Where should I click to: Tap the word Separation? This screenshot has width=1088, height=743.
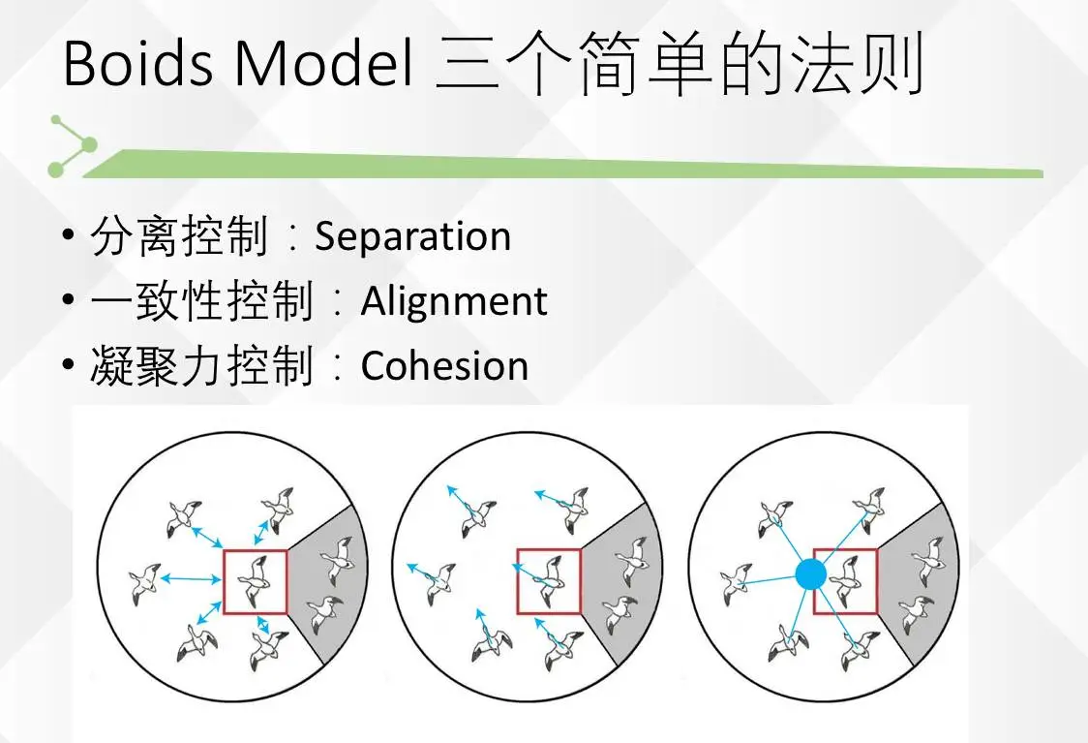pyautogui.click(x=412, y=237)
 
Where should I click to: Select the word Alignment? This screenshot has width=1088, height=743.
pyautogui.click(x=454, y=302)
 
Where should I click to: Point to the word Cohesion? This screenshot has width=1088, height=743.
pyautogui.click(x=444, y=366)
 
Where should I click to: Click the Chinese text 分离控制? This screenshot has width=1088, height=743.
pyautogui.click(x=178, y=237)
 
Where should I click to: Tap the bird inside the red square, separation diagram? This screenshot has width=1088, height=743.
pyautogui.click(x=257, y=578)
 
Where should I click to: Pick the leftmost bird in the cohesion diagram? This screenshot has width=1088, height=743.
pyautogui.click(x=735, y=583)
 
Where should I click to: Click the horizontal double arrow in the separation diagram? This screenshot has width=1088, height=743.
pyautogui.click(x=191, y=579)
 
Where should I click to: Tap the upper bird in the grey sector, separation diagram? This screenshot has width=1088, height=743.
pyautogui.click(x=338, y=556)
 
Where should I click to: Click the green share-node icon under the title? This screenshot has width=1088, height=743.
pyautogui.click(x=74, y=146)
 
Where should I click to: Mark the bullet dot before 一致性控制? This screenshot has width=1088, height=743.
pyautogui.click(x=67, y=301)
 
